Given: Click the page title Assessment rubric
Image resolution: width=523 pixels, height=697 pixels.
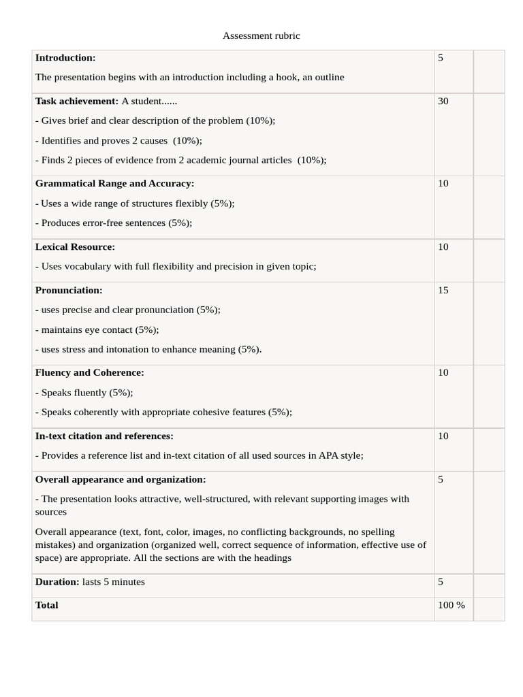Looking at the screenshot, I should click(x=261, y=35).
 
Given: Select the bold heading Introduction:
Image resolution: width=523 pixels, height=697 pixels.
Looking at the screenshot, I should click(x=65, y=58).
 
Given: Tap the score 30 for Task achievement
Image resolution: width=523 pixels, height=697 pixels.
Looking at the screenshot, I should click(x=443, y=101).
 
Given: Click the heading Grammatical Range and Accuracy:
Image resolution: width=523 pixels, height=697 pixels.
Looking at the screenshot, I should click(x=114, y=184).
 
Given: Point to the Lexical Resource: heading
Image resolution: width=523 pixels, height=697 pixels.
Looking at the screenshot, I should click(x=75, y=247).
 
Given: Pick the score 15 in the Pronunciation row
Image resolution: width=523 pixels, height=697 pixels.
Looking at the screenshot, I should click(x=443, y=291).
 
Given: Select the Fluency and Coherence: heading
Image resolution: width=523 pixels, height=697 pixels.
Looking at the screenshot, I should click(x=89, y=373).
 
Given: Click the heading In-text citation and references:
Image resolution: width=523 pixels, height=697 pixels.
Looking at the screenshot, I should click(x=104, y=436).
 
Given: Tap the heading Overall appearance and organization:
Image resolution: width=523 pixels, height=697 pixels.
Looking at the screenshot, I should click(x=121, y=480).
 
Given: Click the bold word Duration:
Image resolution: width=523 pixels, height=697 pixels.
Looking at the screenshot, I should click(x=57, y=582).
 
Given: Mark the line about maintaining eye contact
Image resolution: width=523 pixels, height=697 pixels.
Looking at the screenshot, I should click(x=97, y=330).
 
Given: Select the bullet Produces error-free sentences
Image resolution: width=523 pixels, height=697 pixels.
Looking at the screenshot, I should click(x=114, y=223).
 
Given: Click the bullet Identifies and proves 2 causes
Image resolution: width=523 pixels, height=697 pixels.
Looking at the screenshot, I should click(x=118, y=141).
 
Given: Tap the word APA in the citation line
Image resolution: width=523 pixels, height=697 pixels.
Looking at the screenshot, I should click(x=329, y=456).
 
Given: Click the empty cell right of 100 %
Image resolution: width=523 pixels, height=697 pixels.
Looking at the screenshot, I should click(x=489, y=609).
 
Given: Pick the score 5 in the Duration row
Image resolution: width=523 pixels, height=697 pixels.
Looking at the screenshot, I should click(x=441, y=582).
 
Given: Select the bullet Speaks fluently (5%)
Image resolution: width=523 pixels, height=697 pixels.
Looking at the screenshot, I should click(x=84, y=393).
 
